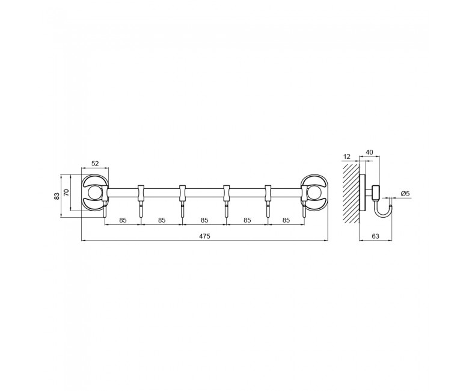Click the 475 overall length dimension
[204, 236]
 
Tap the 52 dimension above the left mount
[95, 164]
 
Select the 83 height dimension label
[57, 196]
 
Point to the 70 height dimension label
[66, 192]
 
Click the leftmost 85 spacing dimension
[123, 220]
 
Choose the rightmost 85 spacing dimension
[286, 220]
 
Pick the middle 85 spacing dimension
[204, 220]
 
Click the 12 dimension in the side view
[347, 157]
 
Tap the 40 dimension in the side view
[369, 152]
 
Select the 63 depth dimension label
[375, 236]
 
